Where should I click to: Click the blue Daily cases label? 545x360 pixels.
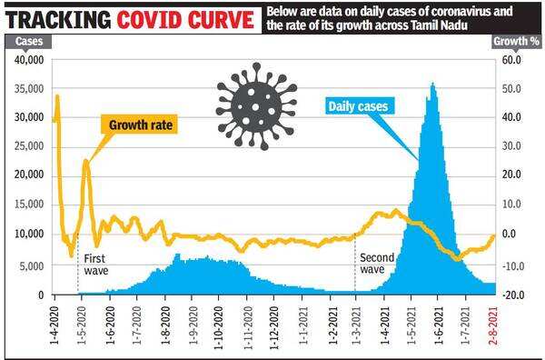tap(357, 106)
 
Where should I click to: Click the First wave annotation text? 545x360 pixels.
tap(95, 265)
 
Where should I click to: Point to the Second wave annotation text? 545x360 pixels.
tap(377, 264)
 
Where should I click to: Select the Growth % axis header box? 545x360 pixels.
tap(513, 42)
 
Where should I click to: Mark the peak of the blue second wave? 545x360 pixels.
tap(432, 84)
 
